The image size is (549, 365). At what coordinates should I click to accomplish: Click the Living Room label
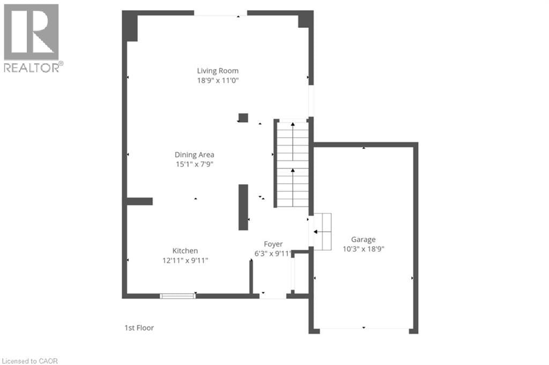coord(217,71)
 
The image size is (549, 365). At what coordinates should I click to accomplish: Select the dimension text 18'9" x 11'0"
coord(217,80)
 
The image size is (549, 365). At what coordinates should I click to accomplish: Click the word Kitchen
coord(185,251)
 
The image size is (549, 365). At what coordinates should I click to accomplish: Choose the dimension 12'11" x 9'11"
coord(185,260)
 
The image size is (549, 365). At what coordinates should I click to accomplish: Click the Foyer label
coord(273,244)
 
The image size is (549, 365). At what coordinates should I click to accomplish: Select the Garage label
coord(363,240)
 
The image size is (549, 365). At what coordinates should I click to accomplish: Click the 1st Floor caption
coord(138,327)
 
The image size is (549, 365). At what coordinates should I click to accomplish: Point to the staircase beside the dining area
coord(293,164)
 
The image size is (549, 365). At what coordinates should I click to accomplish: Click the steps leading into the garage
coord(322,232)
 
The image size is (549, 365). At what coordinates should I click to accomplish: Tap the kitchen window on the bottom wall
coord(177,295)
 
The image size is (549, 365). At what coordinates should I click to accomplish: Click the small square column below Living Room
coord(243,118)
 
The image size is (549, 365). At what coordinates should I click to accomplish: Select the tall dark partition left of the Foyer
coord(243,207)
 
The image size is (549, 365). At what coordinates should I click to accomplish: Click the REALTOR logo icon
coord(31,32)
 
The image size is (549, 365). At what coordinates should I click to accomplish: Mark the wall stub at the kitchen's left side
coord(140,202)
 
